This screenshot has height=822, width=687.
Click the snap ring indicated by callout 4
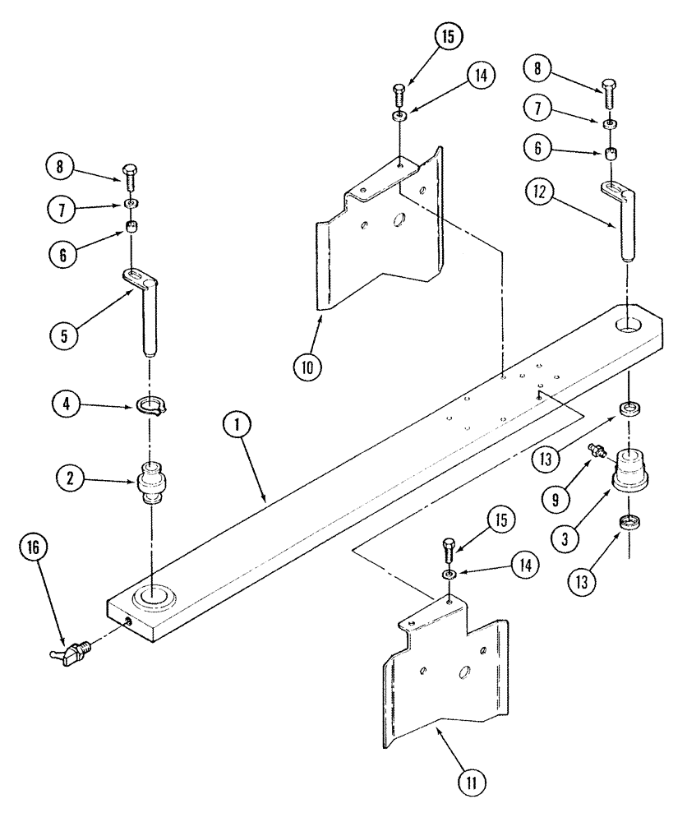pos(150,405)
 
